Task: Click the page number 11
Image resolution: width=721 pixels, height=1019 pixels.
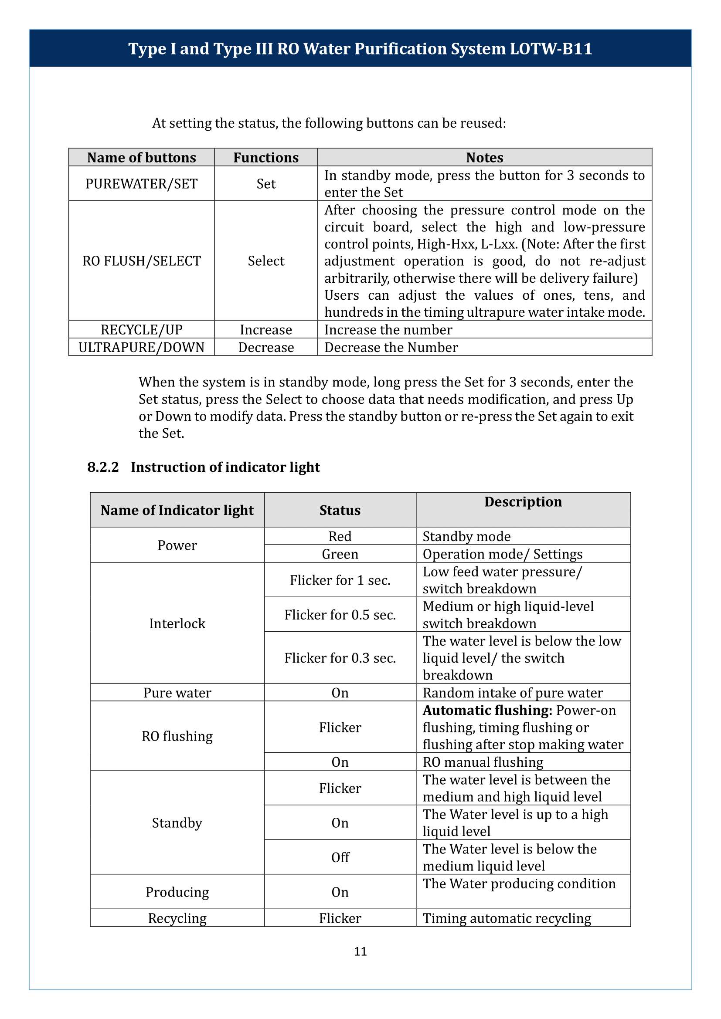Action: pyautogui.click(x=360, y=951)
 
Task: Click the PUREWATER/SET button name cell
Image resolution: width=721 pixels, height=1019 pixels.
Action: pyautogui.click(x=141, y=183)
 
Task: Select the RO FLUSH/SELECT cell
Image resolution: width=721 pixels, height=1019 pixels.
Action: pyautogui.click(x=141, y=261)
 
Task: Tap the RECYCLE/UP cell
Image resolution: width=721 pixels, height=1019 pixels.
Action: pyautogui.click(x=141, y=329)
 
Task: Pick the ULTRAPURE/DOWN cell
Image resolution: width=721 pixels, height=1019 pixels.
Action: pyautogui.click(x=141, y=347)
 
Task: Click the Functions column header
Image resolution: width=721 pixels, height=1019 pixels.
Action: pyautogui.click(x=266, y=158)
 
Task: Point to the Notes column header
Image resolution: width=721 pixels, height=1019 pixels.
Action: pyautogui.click(x=484, y=158)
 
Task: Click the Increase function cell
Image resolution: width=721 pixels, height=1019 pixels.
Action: pyautogui.click(x=266, y=329)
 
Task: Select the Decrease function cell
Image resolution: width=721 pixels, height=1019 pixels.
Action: pyautogui.click(x=266, y=347)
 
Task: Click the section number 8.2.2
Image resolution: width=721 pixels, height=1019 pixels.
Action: pyautogui.click(x=103, y=467)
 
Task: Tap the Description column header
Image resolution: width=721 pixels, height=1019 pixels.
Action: pyautogui.click(x=523, y=501)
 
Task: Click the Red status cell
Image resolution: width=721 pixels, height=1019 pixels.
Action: pyautogui.click(x=340, y=536)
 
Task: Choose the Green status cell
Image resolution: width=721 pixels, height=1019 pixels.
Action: pyautogui.click(x=340, y=554)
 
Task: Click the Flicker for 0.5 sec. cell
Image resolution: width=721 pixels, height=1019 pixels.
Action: pyautogui.click(x=340, y=615)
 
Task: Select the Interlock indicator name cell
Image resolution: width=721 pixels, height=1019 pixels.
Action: pyautogui.click(x=177, y=623)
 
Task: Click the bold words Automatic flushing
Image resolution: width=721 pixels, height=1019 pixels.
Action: pyautogui.click(x=487, y=711)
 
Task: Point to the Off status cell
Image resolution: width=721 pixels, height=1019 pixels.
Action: pyautogui.click(x=340, y=857)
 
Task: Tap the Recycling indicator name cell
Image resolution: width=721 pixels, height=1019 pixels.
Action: pyautogui.click(x=177, y=918)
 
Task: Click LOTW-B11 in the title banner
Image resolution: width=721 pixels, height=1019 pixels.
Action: pyautogui.click(x=551, y=48)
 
